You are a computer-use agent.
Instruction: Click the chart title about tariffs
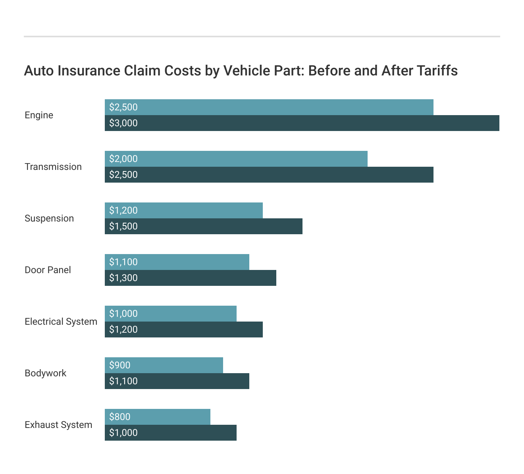point(241,71)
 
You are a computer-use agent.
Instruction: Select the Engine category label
point(39,115)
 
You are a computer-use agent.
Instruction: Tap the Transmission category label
point(53,167)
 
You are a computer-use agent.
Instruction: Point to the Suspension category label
point(49,218)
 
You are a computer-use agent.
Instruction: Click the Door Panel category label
point(48,270)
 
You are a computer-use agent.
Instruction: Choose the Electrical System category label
point(61,322)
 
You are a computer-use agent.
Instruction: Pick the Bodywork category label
point(45,373)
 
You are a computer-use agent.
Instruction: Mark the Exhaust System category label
point(58,425)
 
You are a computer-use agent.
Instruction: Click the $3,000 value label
point(123,123)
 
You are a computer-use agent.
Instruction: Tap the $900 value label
point(119,365)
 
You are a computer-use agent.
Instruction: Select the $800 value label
point(119,417)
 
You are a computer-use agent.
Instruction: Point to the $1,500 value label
point(123,226)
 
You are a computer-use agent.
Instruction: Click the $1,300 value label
point(123,278)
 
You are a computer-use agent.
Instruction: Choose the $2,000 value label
point(123,159)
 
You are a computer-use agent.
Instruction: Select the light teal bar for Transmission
point(254,159)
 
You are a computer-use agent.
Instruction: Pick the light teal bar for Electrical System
point(187,314)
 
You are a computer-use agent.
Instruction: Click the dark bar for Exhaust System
point(187,433)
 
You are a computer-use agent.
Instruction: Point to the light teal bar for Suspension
point(198,210)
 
